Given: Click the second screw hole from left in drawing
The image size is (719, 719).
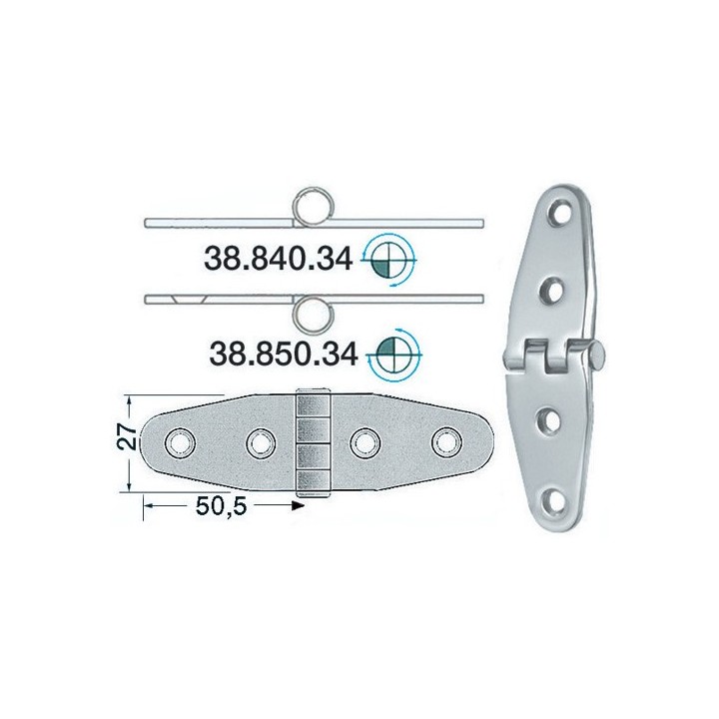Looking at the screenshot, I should [x=261, y=440].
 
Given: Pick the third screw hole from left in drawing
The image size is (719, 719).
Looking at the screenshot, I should [x=365, y=440].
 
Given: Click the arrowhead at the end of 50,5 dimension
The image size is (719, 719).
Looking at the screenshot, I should [x=297, y=507].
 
